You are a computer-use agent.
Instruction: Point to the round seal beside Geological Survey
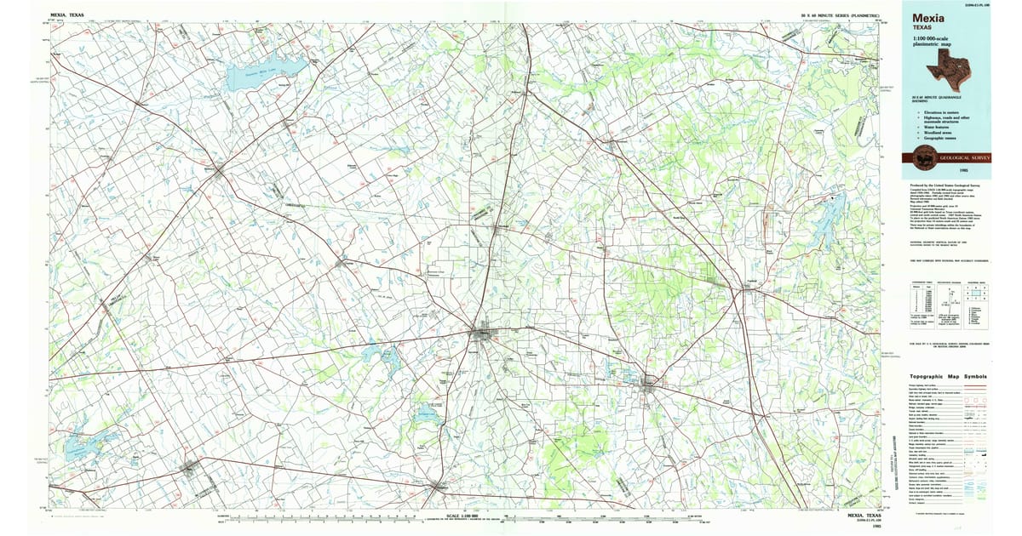(x=923, y=157)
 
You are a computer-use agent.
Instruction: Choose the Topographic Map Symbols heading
(x=948, y=375)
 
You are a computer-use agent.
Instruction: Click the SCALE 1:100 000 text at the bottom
(x=470, y=516)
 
